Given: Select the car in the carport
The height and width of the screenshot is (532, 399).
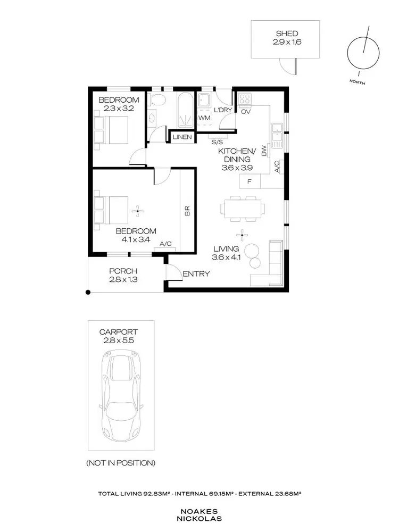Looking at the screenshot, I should tap(121, 394).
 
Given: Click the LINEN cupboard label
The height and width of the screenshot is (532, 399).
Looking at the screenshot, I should tap(180, 137).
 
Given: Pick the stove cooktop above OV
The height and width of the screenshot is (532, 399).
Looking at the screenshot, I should tap(245, 99).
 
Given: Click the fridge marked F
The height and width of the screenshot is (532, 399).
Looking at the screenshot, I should tap(250, 182).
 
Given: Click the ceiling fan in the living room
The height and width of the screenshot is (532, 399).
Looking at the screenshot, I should tap(242, 234).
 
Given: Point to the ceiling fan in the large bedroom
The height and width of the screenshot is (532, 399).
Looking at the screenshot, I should tap(138, 211).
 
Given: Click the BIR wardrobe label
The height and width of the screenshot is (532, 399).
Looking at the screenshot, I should tap(187, 211).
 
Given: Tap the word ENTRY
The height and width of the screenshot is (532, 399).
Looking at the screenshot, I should tap(196, 274).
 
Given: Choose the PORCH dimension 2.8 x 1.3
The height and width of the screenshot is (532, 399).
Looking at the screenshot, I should tap(123, 278).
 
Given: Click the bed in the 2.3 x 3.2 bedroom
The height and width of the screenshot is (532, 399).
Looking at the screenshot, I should tap(112, 129).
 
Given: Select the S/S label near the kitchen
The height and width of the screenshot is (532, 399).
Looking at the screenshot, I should tap(217, 143).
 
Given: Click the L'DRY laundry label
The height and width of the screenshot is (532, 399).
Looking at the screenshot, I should tap(221, 110).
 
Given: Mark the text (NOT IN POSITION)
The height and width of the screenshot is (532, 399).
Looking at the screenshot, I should tap(121, 463).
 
